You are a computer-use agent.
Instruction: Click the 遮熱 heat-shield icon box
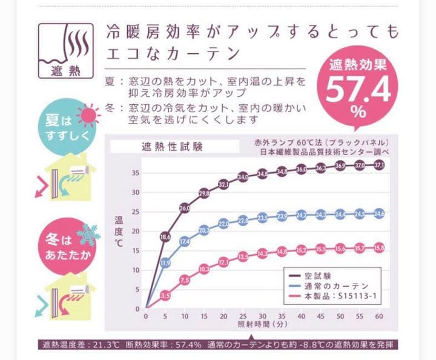(66, 51)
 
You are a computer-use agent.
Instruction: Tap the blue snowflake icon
(91, 233)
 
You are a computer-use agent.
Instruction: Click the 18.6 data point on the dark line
(165, 237)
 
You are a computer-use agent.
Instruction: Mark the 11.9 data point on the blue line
(165, 263)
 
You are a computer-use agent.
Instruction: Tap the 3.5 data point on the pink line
(165, 295)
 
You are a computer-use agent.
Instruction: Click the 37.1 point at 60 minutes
(380, 165)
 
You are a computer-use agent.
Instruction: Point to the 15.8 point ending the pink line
(380, 247)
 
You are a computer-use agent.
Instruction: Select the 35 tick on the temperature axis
(136, 173)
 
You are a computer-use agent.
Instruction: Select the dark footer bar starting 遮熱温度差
(218, 345)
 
